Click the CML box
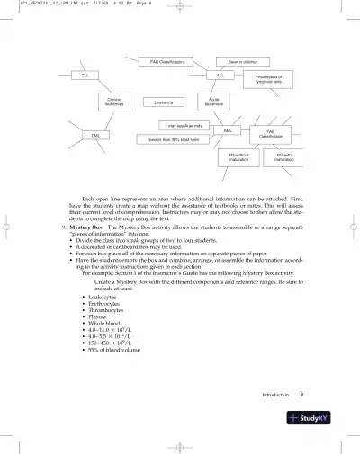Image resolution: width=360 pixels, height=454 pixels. [94, 135]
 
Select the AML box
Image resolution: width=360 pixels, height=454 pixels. [228, 131]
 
